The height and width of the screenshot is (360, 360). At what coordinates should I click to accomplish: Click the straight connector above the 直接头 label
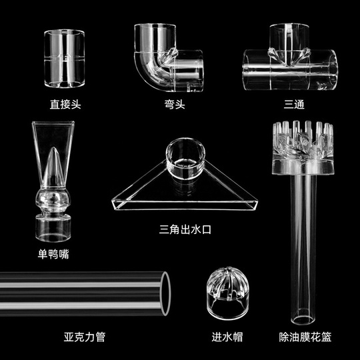coord(64,59)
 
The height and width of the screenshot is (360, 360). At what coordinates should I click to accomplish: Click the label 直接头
coord(65,104)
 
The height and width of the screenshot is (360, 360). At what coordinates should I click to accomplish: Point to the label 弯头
coord(175,104)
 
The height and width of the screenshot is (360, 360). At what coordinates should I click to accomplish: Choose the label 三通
coord(294,104)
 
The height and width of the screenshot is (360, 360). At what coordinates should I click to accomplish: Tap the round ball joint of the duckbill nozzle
coord(53,200)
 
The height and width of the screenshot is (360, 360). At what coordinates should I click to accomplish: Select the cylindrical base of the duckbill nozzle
coord(53,228)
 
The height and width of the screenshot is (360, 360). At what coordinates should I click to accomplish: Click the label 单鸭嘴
coord(53,254)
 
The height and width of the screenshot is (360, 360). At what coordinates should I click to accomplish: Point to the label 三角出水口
coord(185,229)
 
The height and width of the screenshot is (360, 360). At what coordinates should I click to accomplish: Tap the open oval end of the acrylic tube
coord(166,293)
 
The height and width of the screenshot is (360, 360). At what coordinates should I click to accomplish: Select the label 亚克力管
coord(85,337)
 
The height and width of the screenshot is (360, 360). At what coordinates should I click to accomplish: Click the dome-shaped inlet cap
coord(227,293)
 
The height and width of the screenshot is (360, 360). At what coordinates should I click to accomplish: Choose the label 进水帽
coord(227,337)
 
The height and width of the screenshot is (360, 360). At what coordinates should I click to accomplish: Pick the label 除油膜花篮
coord(305,337)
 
